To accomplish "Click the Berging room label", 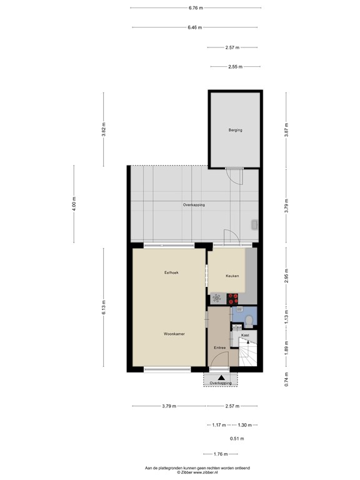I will tap(235, 130).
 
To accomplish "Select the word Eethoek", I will tap(172, 273).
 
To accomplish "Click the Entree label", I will tap(219, 347).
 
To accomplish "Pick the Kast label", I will tap(245, 335).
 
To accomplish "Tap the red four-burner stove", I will tap(234, 297).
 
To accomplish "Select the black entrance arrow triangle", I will tap(221, 377).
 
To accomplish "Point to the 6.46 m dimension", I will tap(196, 27).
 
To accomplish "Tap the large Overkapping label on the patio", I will tap(194, 205).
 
